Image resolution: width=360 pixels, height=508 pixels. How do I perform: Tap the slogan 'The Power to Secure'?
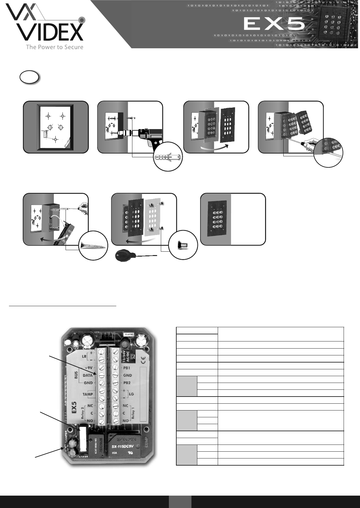click(54, 47)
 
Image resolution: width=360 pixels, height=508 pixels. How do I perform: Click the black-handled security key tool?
click(124, 256)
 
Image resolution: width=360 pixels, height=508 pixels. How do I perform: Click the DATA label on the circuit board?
click(88, 375)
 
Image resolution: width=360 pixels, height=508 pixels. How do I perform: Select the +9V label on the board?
click(88, 368)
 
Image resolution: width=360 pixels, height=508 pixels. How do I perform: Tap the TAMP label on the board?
click(88, 394)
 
